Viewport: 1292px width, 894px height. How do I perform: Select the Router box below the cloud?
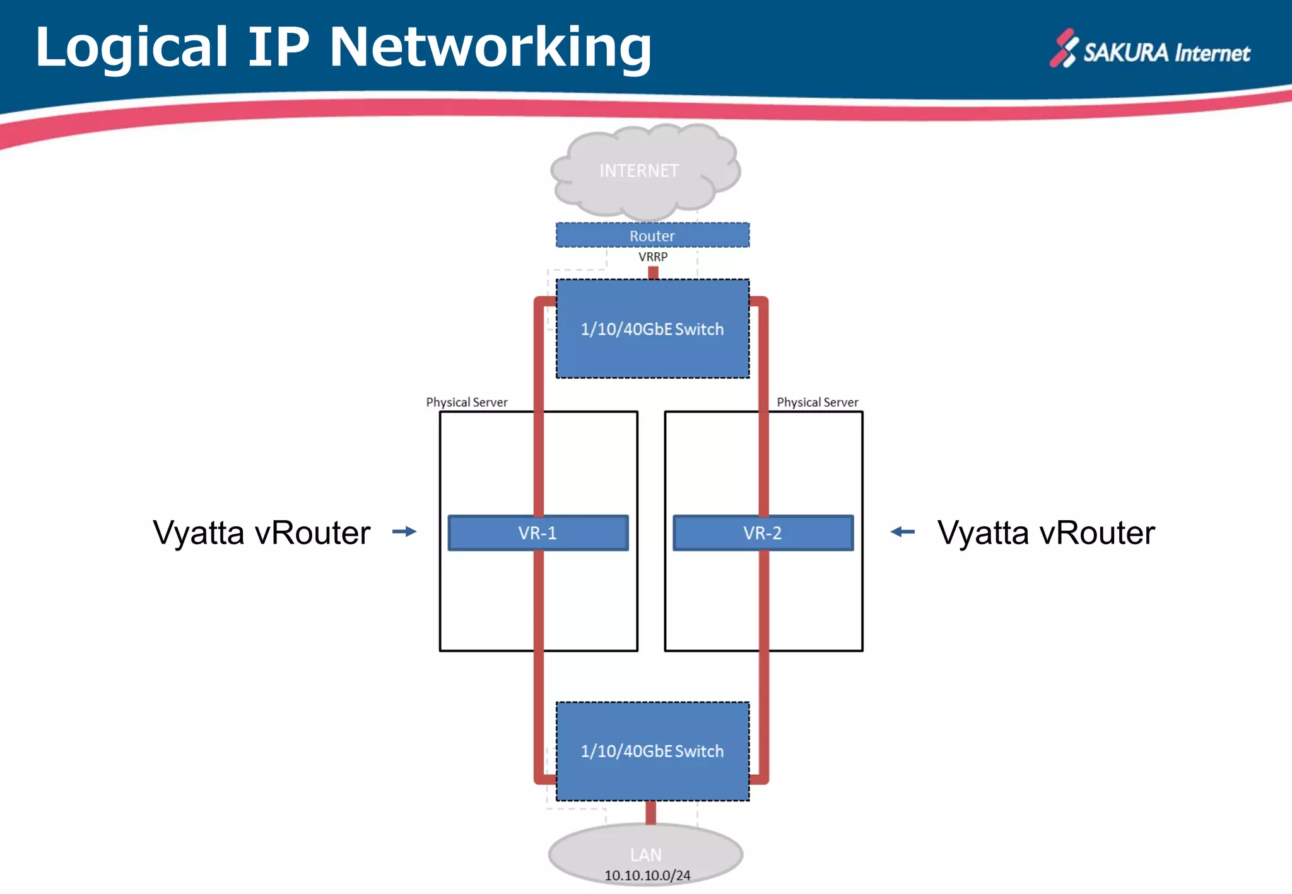pyautogui.click(x=652, y=235)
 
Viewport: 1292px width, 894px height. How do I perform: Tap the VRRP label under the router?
pyautogui.click(x=652, y=257)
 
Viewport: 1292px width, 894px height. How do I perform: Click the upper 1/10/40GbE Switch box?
pyautogui.click(x=652, y=328)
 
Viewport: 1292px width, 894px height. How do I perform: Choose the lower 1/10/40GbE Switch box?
pyautogui.click(x=652, y=751)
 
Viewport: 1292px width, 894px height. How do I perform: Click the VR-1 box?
pyautogui.click(x=537, y=533)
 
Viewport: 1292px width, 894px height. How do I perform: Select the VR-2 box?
pyautogui.click(x=763, y=533)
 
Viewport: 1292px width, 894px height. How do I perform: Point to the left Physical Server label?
pyautogui.click(x=466, y=402)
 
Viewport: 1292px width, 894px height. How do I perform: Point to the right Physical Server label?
pyautogui.click(x=817, y=402)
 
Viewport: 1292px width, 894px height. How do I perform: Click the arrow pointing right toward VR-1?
pyautogui.click(x=404, y=531)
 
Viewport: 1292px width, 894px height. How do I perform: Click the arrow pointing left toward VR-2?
pyautogui.click(x=903, y=531)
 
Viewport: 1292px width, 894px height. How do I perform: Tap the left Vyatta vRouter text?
pyautogui.click(x=261, y=533)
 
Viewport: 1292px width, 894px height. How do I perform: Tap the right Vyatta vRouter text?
pyautogui.click(x=1045, y=533)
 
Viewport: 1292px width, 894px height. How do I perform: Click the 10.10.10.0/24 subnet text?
pyautogui.click(x=647, y=875)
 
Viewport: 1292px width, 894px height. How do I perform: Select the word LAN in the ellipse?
pyautogui.click(x=645, y=854)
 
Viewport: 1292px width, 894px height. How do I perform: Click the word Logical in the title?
pyautogui.click(x=131, y=47)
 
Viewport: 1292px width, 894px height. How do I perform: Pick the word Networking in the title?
pyautogui.click(x=490, y=47)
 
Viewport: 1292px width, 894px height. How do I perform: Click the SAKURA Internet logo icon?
pyautogui.click(x=1064, y=49)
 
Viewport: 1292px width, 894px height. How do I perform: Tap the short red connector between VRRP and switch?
pyautogui.click(x=653, y=272)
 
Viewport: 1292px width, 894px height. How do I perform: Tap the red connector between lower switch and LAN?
pyautogui.click(x=650, y=812)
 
